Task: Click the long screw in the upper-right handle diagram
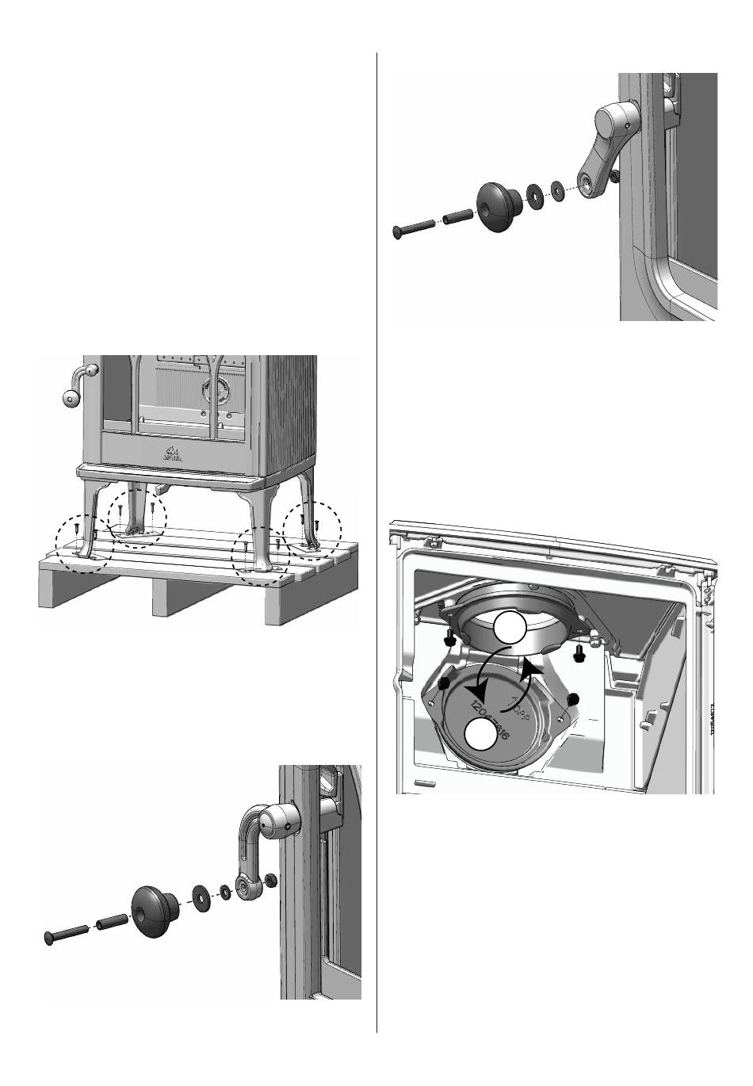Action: pyautogui.click(x=412, y=228)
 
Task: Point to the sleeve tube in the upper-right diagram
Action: pyautogui.click(x=458, y=215)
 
